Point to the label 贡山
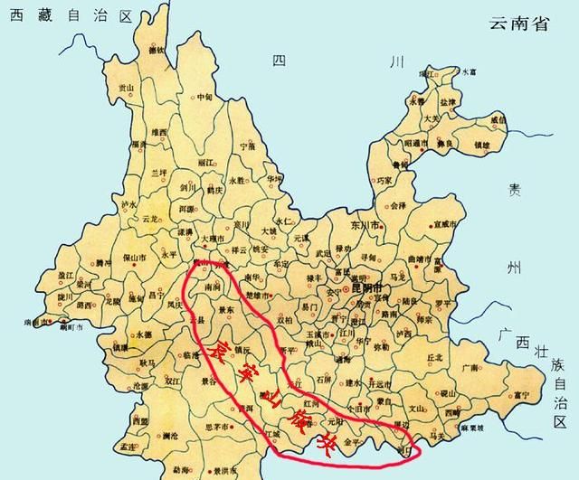tap(126, 88)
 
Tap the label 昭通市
tap(416, 142)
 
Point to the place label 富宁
tap(519, 394)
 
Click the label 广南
tap(469, 367)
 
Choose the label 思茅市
tap(220, 425)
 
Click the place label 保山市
tap(137, 259)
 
